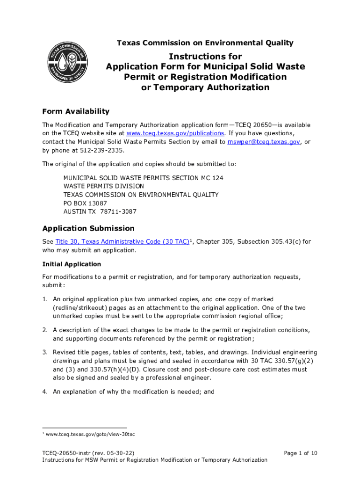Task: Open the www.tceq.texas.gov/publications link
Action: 172,133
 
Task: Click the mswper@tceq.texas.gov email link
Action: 264,142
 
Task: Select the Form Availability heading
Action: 76,111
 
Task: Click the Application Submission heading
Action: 88,228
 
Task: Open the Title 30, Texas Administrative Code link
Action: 122,242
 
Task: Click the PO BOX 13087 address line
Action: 85,203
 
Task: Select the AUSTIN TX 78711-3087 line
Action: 100,211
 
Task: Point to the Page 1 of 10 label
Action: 301,453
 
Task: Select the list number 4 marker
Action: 44,392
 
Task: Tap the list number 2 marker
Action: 44,330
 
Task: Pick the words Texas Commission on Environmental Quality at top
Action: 205,43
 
